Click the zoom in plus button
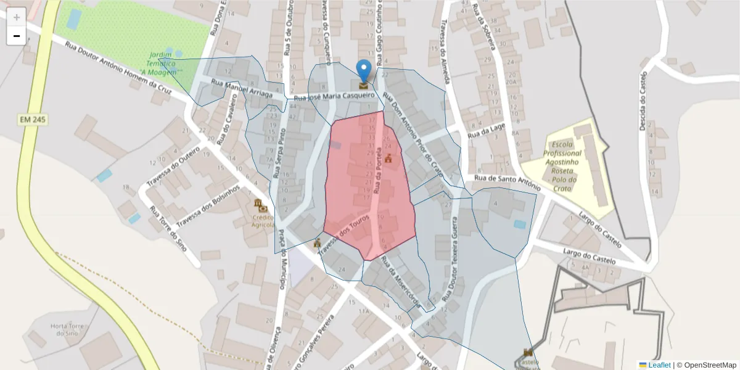coord(17,17)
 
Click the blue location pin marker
coord(364,70)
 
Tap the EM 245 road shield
coord(33,119)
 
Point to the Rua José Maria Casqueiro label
coord(334,97)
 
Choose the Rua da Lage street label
coord(486,131)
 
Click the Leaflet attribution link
coord(659,365)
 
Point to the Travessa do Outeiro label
coord(173,166)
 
